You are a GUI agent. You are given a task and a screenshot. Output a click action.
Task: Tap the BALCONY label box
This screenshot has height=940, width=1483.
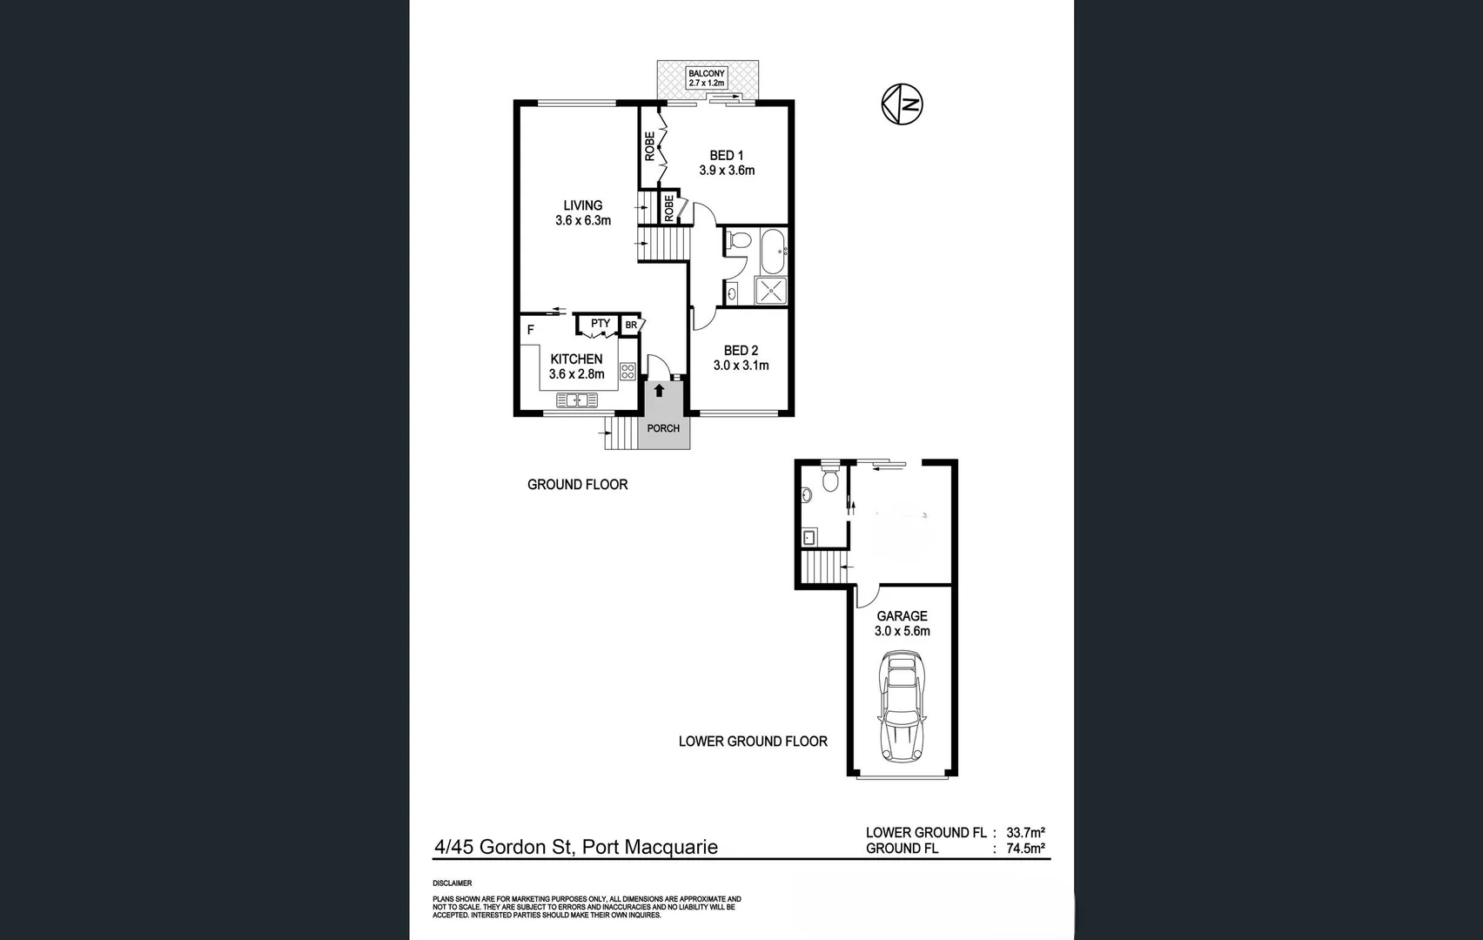(707, 78)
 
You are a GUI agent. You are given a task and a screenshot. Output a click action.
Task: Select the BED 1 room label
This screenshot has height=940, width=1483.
(726, 155)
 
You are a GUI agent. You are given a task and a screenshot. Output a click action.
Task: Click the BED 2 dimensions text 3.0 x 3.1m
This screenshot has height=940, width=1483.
(741, 366)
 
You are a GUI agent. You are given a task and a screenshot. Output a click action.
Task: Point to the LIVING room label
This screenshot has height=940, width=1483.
(582, 205)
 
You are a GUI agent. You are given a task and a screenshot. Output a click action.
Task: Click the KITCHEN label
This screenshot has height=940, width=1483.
(576, 359)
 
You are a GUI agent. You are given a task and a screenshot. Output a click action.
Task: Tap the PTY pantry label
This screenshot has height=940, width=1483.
(600, 324)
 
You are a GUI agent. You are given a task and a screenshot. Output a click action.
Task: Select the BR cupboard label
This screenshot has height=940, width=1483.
(631, 325)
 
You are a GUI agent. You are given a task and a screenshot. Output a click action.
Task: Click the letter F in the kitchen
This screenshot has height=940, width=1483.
(531, 330)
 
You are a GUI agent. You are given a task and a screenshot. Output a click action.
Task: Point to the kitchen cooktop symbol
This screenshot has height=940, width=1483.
(627, 372)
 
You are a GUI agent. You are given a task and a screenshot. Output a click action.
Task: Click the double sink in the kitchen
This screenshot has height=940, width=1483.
(577, 400)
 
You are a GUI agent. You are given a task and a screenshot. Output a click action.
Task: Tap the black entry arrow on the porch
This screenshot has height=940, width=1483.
(660, 391)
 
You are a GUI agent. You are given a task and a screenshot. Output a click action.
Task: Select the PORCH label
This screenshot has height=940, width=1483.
(663, 428)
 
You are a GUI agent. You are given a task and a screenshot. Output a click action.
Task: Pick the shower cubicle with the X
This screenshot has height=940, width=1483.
(771, 291)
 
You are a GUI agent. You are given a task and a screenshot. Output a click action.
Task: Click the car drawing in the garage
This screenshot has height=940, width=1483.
(903, 707)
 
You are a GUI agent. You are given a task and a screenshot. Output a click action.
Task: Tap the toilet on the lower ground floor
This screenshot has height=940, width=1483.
(829, 478)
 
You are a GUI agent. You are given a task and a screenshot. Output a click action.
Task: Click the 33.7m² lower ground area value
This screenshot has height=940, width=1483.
(1025, 832)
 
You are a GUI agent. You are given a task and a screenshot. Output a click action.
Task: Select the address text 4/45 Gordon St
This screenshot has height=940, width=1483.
(504, 847)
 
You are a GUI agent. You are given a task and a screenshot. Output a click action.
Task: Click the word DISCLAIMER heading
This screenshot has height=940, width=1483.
(452, 883)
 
